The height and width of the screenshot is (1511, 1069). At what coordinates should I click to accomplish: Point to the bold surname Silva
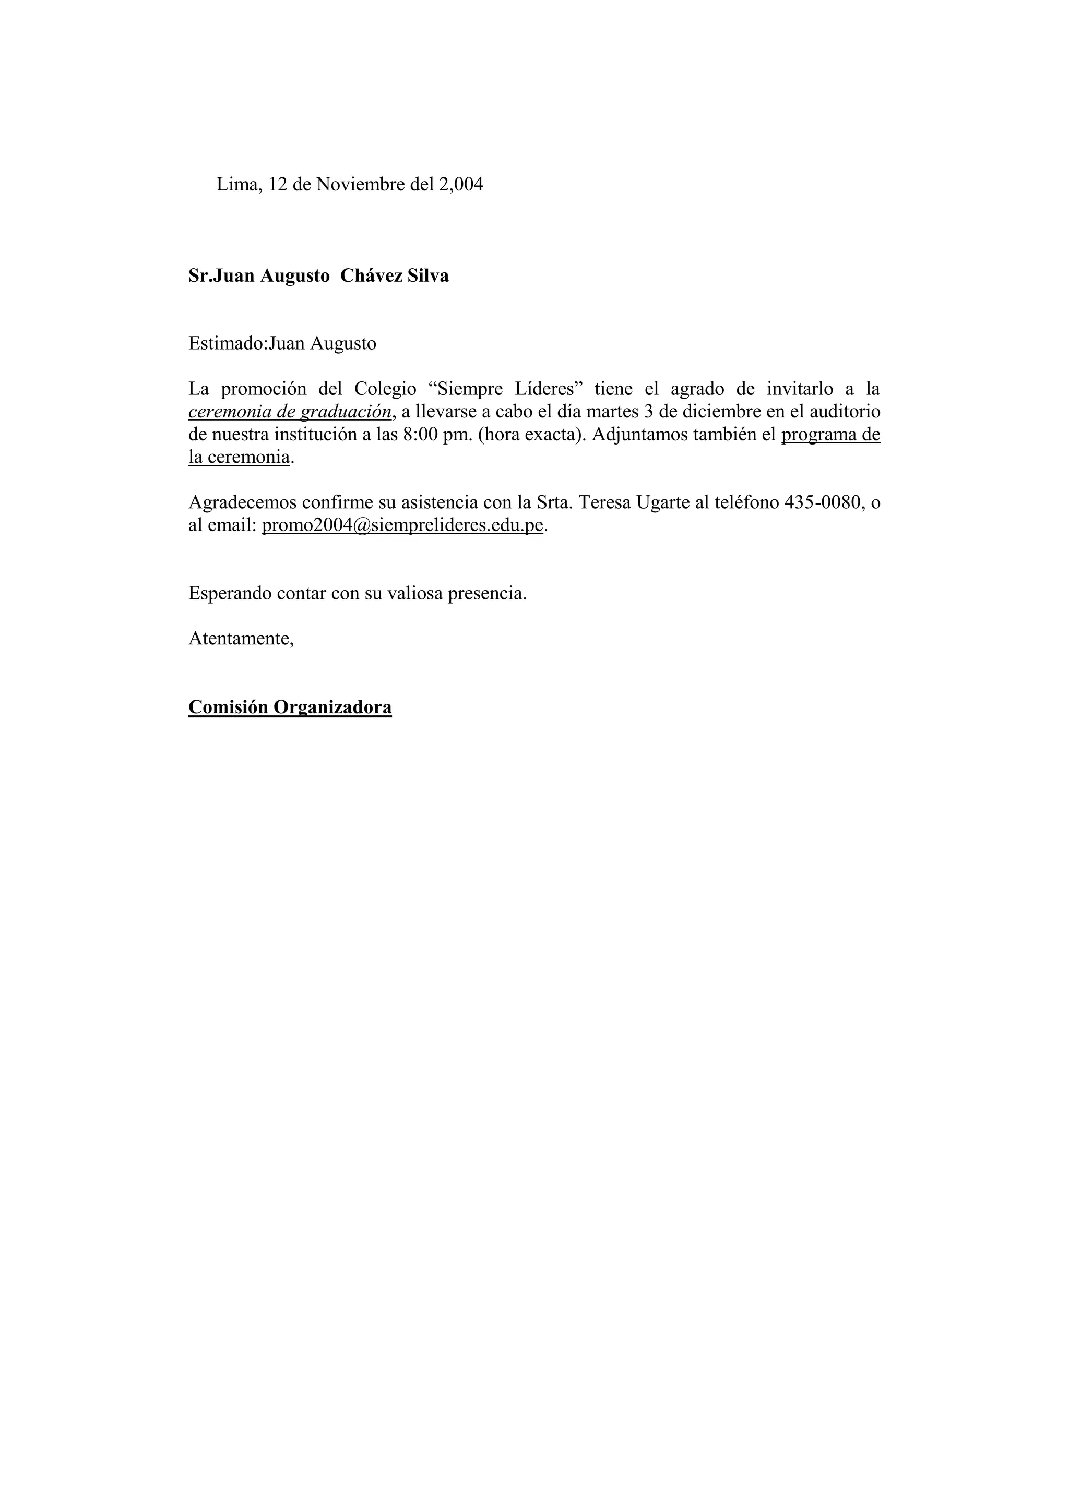tap(429, 275)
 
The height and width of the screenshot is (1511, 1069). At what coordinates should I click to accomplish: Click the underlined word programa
tap(818, 435)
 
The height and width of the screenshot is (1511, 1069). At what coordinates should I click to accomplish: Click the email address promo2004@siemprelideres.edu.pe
tap(402, 526)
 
